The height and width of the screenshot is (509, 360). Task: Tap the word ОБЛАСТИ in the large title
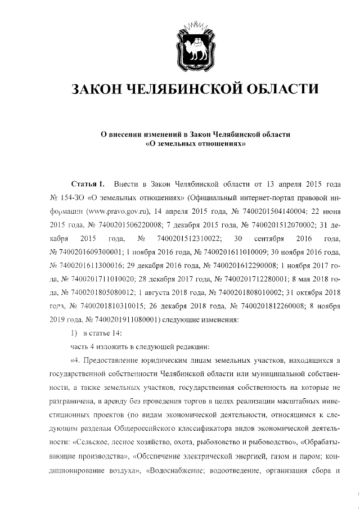(x=284, y=89)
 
